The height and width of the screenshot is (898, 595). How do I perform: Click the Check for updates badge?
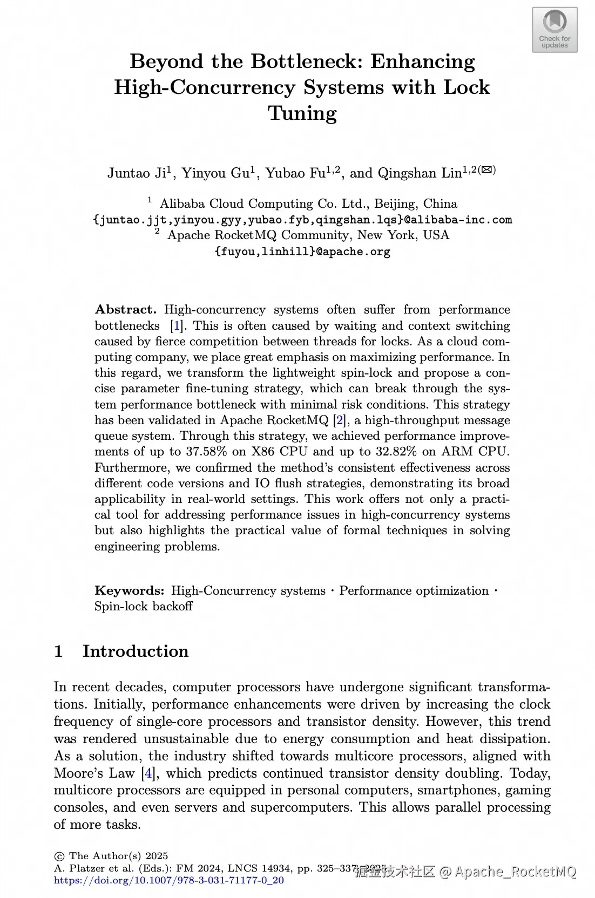click(x=555, y=30)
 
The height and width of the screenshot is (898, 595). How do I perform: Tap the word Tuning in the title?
click(x=302, y=113)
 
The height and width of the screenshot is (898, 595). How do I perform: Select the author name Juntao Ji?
click(x=137, y=173)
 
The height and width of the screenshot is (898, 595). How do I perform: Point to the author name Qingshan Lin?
click(x=420, y=173)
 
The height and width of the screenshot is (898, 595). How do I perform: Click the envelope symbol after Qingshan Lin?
click(x=487, y=169)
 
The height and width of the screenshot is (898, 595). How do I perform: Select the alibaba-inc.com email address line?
click(x=302, y=220)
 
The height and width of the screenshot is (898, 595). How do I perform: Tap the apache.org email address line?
click(x=302, y=251)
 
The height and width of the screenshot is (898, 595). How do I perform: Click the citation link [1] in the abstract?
click(x=176, y=326)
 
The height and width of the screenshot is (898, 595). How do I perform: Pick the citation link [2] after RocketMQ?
click(x=339, y=420)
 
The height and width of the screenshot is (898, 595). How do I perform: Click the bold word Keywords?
click(x=130, y=591)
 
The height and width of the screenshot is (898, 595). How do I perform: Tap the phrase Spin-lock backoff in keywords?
click(x=144, y=607)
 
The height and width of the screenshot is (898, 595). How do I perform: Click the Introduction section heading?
click(x=135, y=651)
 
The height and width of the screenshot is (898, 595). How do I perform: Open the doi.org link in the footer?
click(x=169, y=880)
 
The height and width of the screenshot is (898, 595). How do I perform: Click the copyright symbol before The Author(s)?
click(x=59, y=856)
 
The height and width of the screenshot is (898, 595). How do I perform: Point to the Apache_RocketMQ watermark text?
click(x=516, y=872)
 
